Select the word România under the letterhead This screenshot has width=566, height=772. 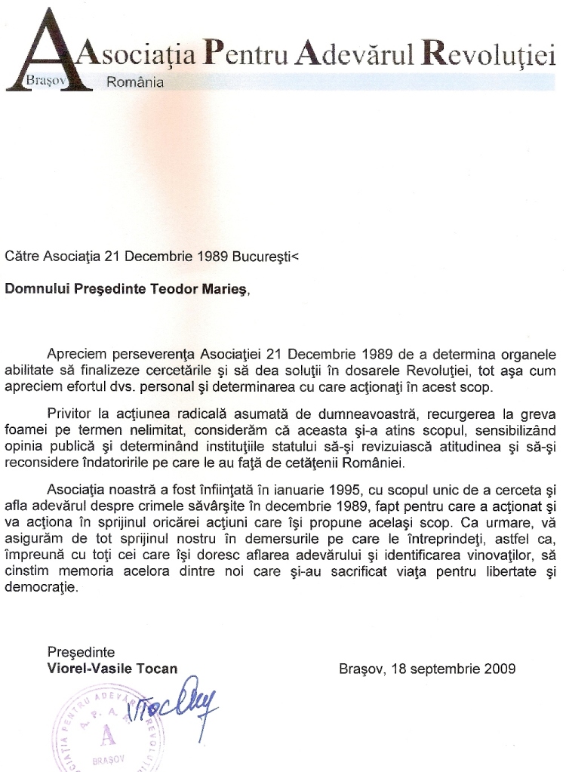(135, 82)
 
